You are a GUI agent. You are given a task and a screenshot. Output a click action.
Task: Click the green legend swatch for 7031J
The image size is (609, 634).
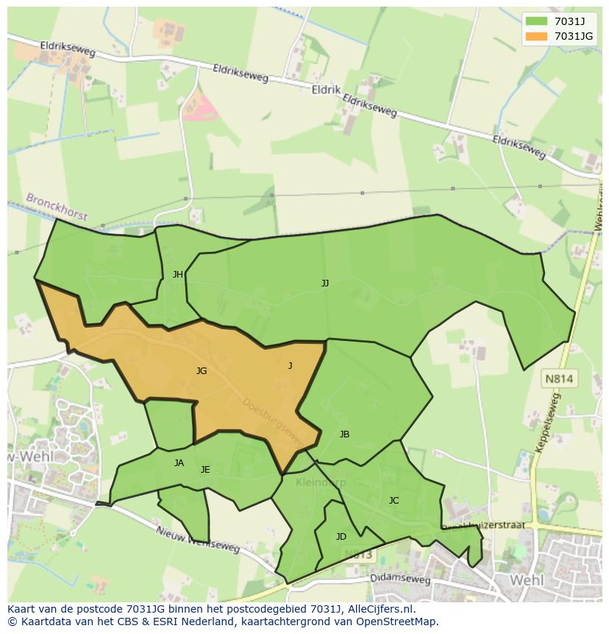click(536, 21)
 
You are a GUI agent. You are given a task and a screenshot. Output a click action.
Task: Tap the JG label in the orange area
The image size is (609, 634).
click(201, 371)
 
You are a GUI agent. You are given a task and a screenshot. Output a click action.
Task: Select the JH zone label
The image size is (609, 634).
click(178, 275)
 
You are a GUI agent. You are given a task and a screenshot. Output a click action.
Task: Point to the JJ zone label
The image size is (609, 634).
click(324, 283)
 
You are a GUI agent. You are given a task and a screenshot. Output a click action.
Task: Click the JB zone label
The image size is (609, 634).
click(344, 434)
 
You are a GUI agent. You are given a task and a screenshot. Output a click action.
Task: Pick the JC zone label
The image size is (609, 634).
click(393, 501)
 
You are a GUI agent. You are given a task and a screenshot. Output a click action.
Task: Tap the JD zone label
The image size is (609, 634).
click(341, 537)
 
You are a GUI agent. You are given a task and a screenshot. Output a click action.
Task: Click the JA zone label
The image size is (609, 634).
click(179, 463)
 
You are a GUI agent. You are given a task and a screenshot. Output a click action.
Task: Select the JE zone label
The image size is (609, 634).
click(205, 470)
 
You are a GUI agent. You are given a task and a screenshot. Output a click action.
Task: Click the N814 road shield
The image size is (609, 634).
click(560, 379)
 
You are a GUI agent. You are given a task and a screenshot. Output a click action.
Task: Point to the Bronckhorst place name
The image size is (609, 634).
click(57, 208)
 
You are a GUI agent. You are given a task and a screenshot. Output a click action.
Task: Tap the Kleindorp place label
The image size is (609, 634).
click(321, 483)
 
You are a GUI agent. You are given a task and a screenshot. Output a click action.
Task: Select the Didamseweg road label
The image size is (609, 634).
click(401, 580)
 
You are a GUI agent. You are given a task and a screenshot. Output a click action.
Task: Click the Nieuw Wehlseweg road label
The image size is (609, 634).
click(198, 540)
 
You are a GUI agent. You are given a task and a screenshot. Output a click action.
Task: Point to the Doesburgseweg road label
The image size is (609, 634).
click(273, 422)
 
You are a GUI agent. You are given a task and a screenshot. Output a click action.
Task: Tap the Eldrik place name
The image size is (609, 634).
click(326, 89)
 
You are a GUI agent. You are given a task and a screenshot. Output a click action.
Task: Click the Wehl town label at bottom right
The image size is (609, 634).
click(526, 580)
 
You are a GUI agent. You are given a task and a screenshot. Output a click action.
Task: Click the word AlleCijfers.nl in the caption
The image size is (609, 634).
click(380, 610)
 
